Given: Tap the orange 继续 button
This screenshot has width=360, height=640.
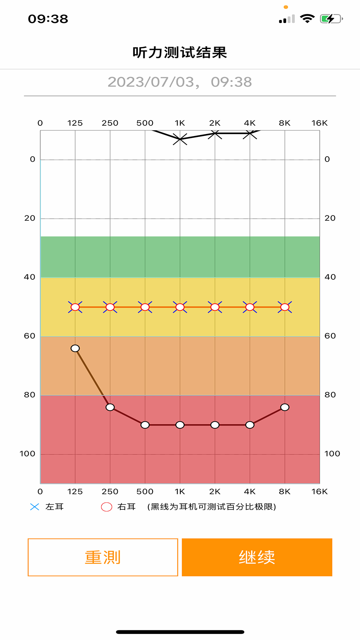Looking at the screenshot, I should point(257,557).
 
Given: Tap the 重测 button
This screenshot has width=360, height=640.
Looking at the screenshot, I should point(103,557).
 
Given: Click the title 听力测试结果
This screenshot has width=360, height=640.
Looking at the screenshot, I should point(180,53).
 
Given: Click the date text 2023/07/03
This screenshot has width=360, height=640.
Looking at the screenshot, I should point(151,82).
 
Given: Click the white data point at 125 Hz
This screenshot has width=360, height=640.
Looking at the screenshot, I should point(75,348).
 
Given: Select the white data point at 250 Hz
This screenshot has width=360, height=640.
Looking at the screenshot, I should point(110,407).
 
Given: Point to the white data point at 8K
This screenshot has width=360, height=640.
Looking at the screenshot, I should point(285,407).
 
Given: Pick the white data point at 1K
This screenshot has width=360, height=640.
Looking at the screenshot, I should point(180,425).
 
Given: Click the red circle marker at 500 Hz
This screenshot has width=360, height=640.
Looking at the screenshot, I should point(145,307).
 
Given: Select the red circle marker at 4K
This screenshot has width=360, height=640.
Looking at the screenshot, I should point(250,307).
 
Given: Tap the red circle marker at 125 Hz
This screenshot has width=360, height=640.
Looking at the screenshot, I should point(75,307).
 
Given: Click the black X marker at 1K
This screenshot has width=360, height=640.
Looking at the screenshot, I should point(180,139).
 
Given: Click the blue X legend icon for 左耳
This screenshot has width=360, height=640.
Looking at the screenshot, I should point(35,507).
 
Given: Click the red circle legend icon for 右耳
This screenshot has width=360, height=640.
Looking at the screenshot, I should point(107,507).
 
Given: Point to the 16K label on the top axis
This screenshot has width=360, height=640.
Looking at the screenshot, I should point(319,123).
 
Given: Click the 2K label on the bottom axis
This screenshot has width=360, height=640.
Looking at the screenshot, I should point(215,492).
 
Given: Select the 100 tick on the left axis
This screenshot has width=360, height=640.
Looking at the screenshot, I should point(27,454).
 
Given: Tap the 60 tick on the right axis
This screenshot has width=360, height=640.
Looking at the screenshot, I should point(330,336).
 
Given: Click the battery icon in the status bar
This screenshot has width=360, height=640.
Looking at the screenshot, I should point(331,19).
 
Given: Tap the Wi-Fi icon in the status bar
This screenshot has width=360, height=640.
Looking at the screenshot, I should point(307,19).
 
